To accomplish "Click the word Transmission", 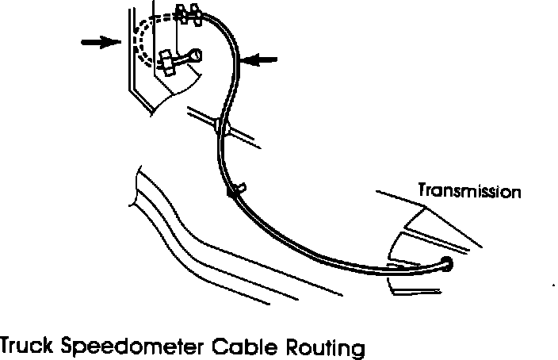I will [x=469, y=192].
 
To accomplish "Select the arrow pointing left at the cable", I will [x=259, y=58].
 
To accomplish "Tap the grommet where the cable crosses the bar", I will [x=221, y=126].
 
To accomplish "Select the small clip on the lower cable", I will [x=237, y=190].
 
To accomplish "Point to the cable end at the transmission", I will [x=446, y=265].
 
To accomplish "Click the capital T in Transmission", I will [x=422, y=192].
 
